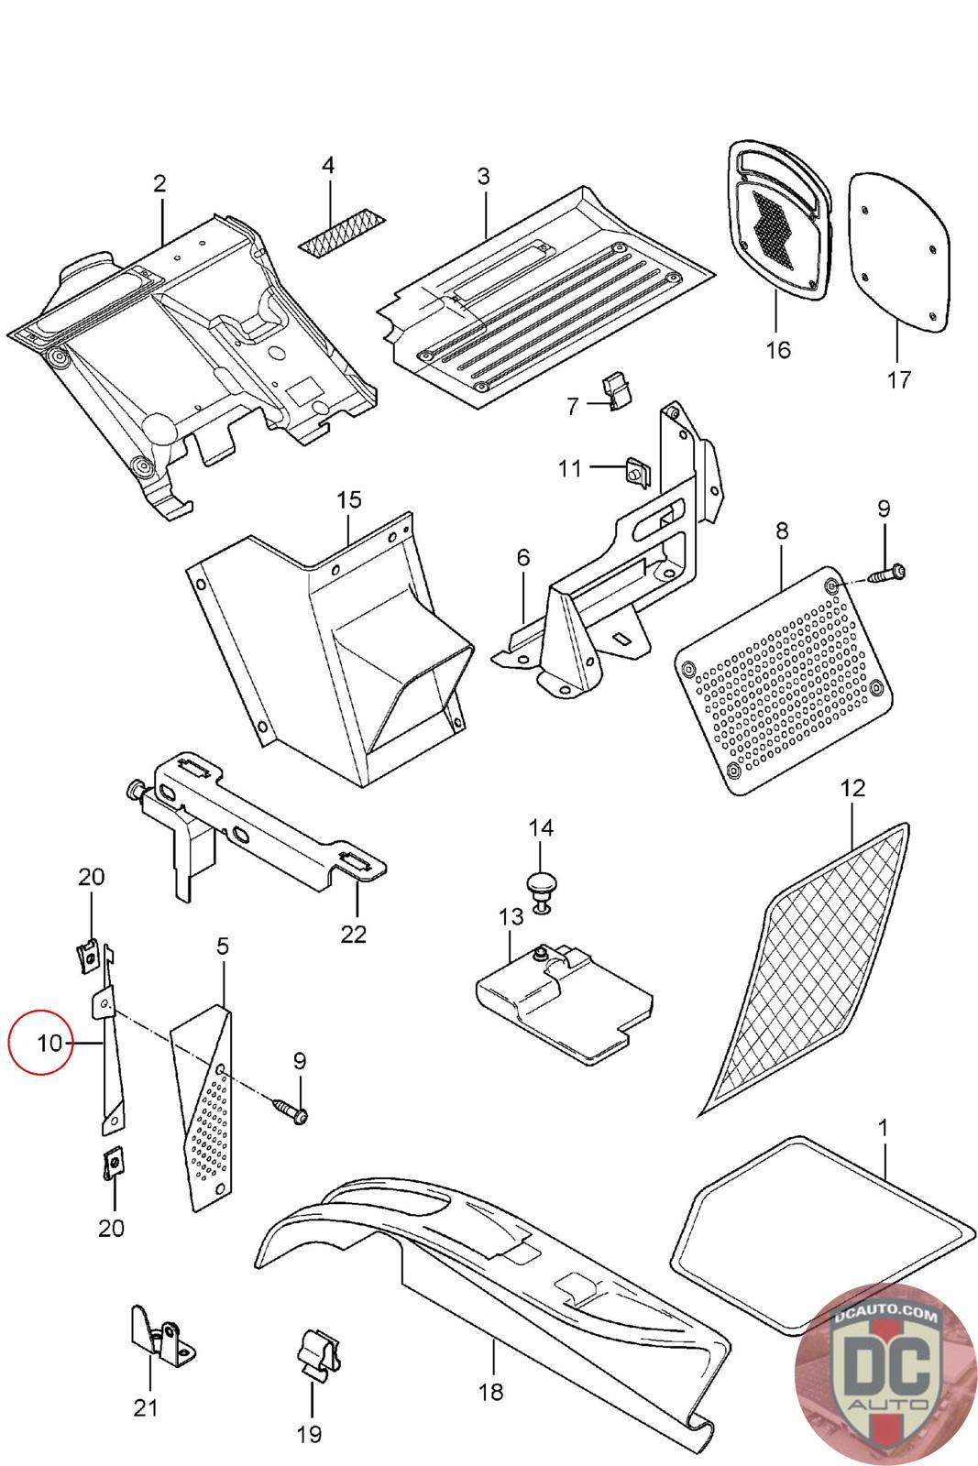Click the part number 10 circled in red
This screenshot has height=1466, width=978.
click(50, 1043)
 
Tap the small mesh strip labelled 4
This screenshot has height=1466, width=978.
click(343, 235)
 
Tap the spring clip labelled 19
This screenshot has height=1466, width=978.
click(314, 1356)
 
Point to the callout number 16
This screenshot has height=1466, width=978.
click(778, 349)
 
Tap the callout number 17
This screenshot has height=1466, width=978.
click(899, 378)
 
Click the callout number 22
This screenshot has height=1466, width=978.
click(353, 934)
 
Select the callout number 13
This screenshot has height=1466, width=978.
click(510, 915)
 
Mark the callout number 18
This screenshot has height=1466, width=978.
click(490, 1392)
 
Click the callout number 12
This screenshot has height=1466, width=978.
click(852, 787)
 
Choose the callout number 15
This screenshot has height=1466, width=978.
click(349, 499)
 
